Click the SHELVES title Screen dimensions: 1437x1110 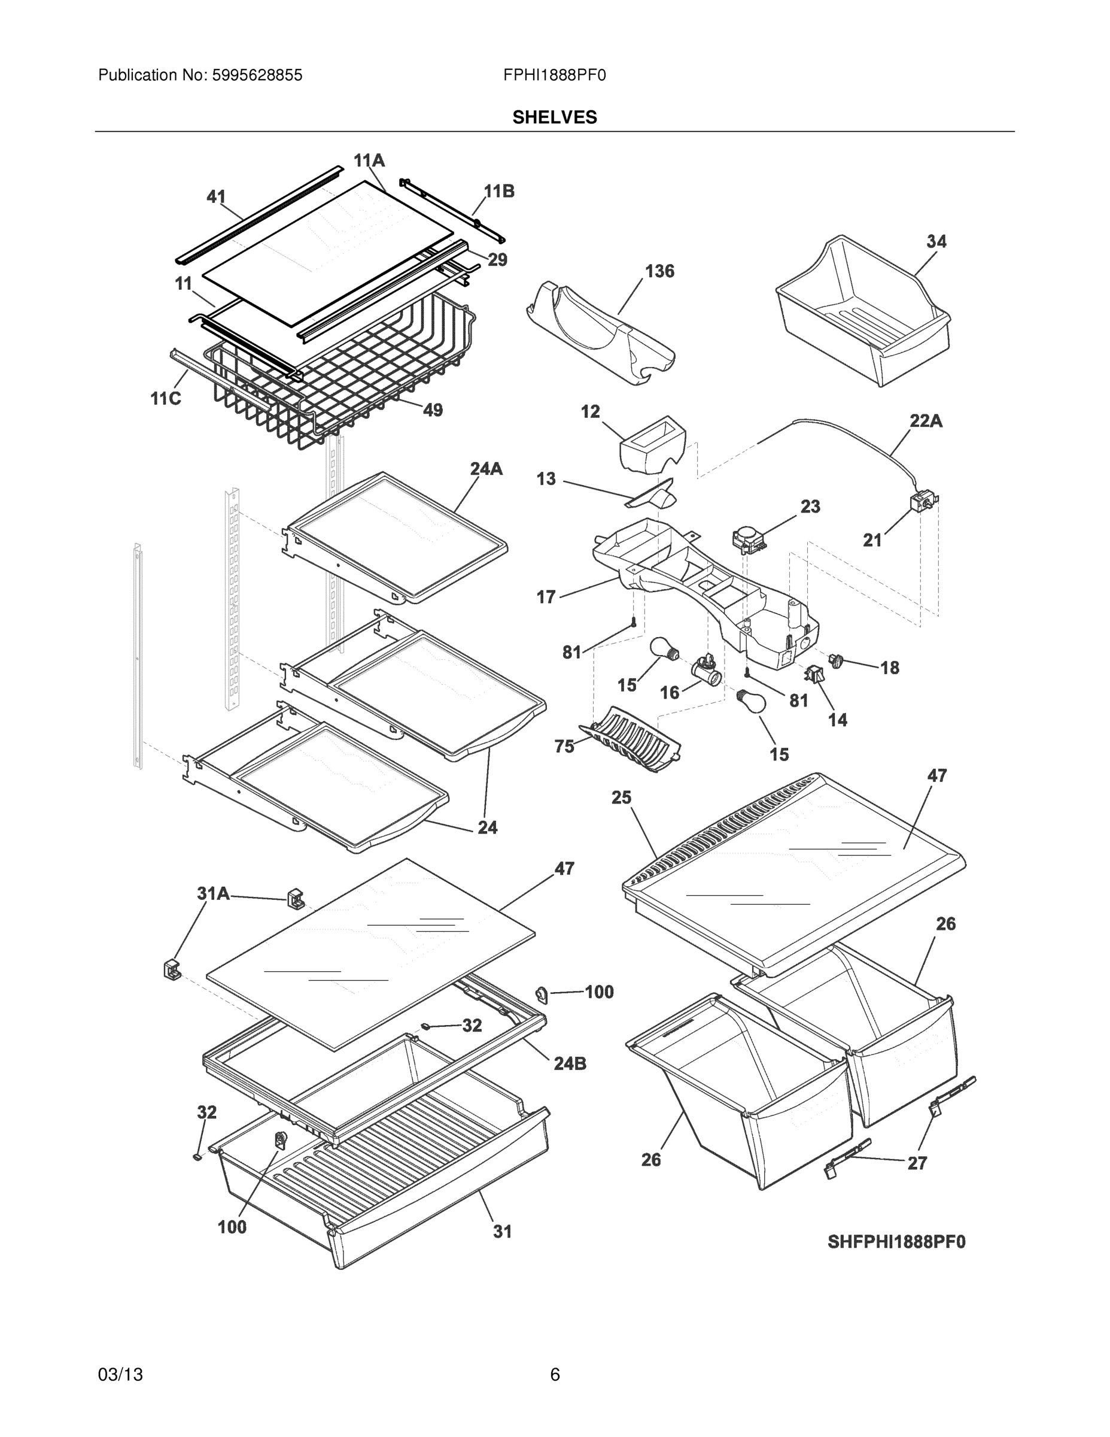554,117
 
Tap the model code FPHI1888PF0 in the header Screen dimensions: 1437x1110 554,75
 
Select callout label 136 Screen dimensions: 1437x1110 659,271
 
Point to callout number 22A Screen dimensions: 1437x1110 926,420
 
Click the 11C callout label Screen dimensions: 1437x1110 166,399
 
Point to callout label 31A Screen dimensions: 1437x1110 213,893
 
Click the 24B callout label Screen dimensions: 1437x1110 570,1063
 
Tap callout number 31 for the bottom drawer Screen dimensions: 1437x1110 503,1231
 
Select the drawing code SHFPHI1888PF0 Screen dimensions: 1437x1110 896,1242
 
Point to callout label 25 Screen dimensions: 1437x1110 621,798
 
